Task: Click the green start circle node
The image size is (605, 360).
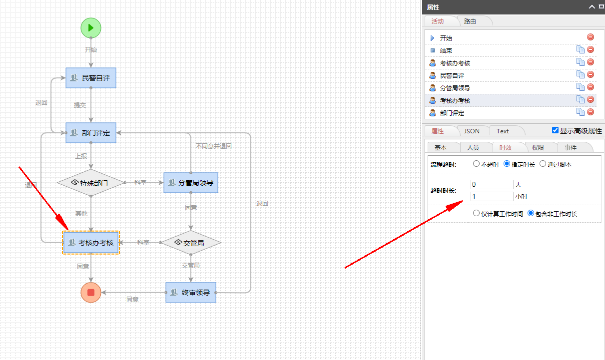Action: pyautogui.click(x=91, y=27)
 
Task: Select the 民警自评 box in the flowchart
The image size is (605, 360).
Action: pyautogui.click(x=91, y=78)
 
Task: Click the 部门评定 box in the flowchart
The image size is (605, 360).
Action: pyautogui.click(x=91, y=133)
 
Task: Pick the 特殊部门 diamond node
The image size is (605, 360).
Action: pyautogui.click(x=90, y=183)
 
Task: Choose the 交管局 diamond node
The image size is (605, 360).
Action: pyautogui.click(x=190, y=243)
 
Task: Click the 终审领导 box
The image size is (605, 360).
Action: pyautogui.click(x=190, y=293)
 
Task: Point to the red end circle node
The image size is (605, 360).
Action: pyautogui.click(x=91, y=293)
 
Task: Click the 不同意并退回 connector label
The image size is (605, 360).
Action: pyautogui.click(x=213, y=146)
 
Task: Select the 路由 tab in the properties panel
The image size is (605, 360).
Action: pyautogui.click(x=470, y=21)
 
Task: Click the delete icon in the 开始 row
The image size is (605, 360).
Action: pyautogui.click(x=591, y=37)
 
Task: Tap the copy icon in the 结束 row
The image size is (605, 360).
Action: pyautogui.click(x=580, y=49)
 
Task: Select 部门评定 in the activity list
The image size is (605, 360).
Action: pyautogui.click(x=452, y=113)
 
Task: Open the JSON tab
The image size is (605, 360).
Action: pyautogui.click(x=472, y=131)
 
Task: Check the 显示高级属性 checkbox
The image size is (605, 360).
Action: pyautogui.click(x=555, y=130)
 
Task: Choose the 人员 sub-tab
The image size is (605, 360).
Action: pyautogui.click(x=473, y=147)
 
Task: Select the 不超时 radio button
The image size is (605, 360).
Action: pyautogui.click(x=476, y=164)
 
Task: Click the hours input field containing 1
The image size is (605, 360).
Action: pyautogui.click(x=492, y=196)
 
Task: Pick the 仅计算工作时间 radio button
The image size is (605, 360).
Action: pyautogui.click(x=476, y=213)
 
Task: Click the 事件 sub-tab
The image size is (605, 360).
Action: pyautogui.click(x=571, y=147)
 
